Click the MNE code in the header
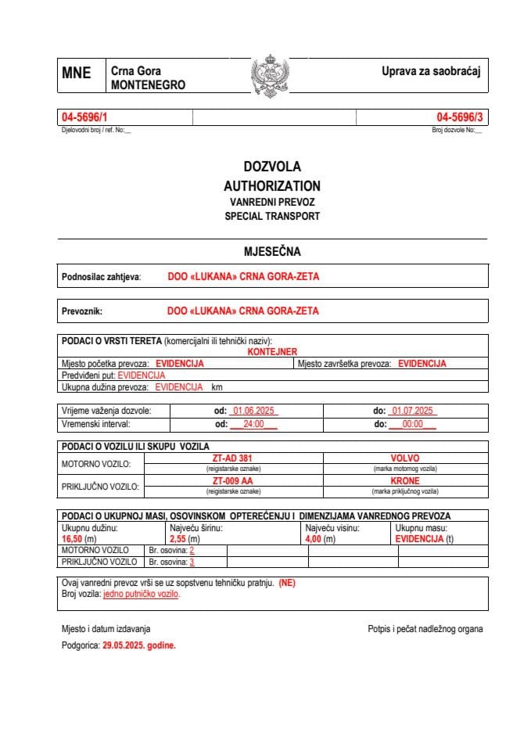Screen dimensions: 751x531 [x=77, y=74]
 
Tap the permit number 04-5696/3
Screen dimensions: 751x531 [x=460, y=117]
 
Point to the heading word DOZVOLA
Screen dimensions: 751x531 [x=271, y=167]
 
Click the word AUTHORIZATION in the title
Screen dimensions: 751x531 [x=271, y=186]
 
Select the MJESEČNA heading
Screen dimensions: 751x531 [x=271, y=251]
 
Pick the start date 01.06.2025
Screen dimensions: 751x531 [x=253, y=411]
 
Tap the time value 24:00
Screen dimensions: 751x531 [x=254, y=424]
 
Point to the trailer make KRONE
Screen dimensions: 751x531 [x=405, y=481]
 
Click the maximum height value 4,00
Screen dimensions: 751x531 [x=313, y=539]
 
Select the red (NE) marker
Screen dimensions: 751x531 [x=286, y=583]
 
